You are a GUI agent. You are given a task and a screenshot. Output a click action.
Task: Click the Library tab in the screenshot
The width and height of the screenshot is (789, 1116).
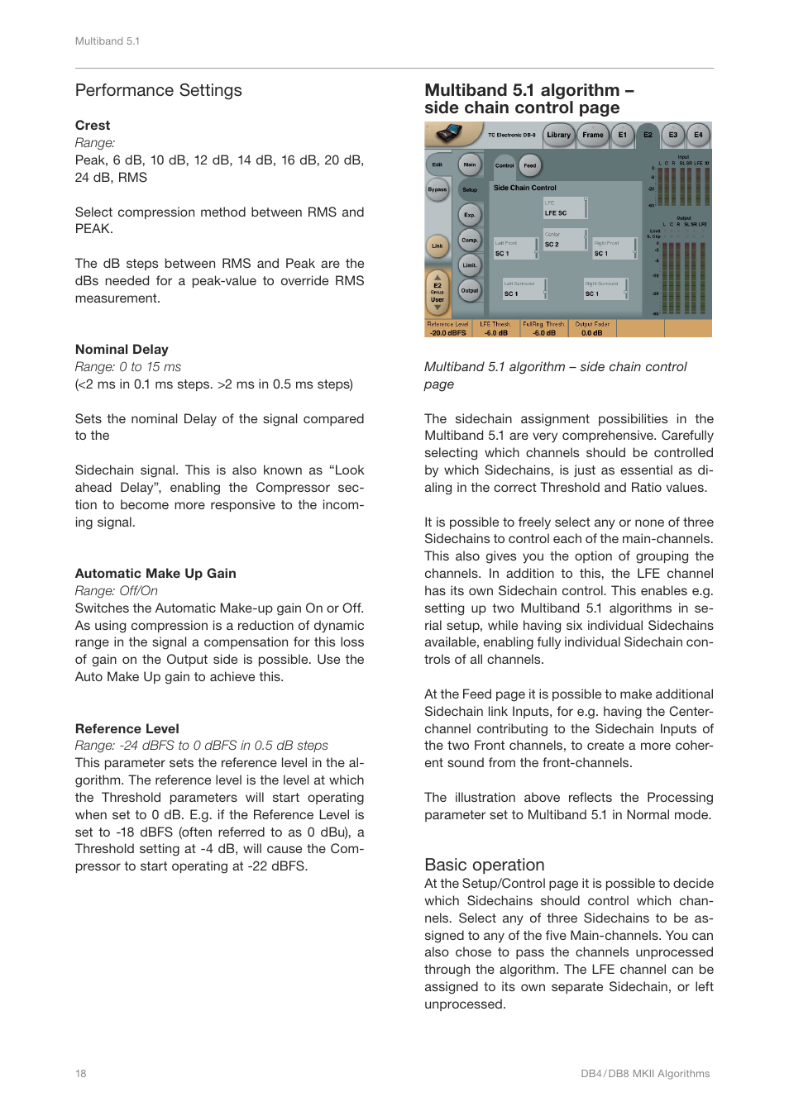tap(558, 135)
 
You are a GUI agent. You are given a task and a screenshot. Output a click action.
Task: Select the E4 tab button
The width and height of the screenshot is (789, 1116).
tap(698, 135)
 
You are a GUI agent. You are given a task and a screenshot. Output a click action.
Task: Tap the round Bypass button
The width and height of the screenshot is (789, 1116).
tap(437, 189)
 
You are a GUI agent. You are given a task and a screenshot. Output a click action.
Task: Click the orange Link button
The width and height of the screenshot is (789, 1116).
tap(437, 246)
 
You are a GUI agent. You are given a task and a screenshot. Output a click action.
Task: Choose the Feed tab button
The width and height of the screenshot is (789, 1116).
tap(529, 165)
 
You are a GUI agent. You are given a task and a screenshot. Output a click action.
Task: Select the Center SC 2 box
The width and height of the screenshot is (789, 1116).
tap(565, 241)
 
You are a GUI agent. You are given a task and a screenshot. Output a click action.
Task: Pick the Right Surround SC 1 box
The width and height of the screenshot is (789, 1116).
tap(606, 289)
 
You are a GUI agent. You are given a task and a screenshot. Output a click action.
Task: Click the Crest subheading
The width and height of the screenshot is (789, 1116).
tap(93, 126)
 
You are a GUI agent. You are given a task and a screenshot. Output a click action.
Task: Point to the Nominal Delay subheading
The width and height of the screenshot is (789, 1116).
tap(122, 350)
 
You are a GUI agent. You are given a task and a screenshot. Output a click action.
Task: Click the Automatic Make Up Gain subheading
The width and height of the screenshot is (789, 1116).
tap(155, 574)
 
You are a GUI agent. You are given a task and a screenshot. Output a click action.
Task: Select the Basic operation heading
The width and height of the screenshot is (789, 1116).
tap(484, 865)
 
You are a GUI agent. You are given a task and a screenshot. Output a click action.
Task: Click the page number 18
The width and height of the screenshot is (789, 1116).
tap(81, 1074)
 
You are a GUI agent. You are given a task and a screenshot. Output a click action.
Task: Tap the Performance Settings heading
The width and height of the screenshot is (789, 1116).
tap(159, 90)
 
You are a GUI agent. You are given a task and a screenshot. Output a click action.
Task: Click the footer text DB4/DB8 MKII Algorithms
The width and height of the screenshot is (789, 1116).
tap(645, 1074)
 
